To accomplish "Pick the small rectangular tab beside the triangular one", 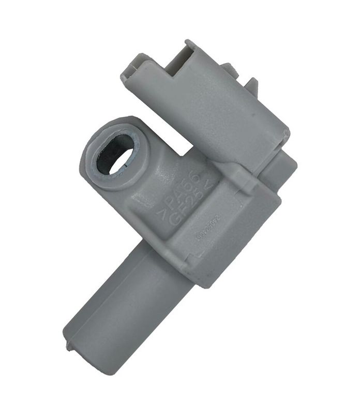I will [228, 69].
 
